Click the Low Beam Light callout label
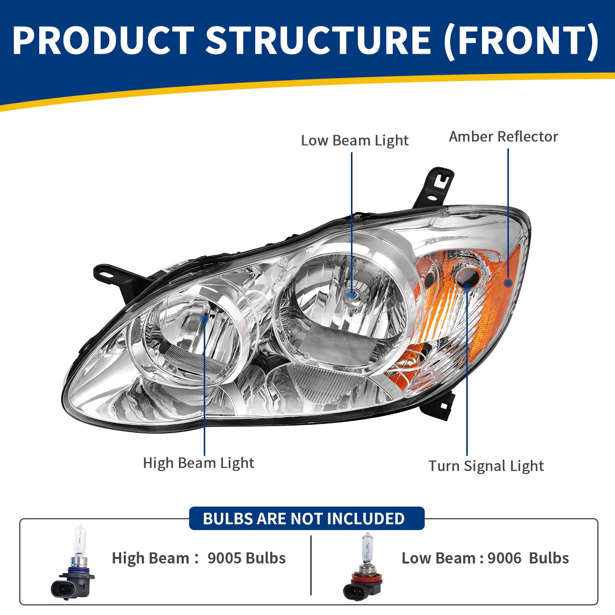tap(354, 141)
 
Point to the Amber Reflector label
tap(503, 137)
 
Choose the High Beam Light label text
tap(198, 463)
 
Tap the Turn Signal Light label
tap(486, 466)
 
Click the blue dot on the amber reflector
tap(508, 283)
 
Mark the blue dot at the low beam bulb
tap(352, 295)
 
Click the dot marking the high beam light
tap(204, 318)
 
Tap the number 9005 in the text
tap(224, 558)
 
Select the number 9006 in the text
tap(504, 558)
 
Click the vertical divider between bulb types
tap(311, 565)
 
